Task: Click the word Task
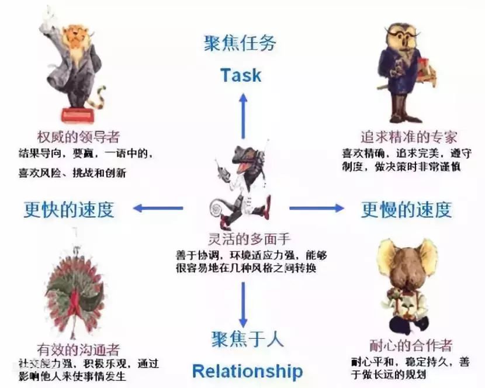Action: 241,75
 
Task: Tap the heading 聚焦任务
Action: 240,43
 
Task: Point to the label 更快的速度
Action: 69,209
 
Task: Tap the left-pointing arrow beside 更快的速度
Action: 158,208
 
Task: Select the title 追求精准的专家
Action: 408,138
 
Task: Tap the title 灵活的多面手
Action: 241,239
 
